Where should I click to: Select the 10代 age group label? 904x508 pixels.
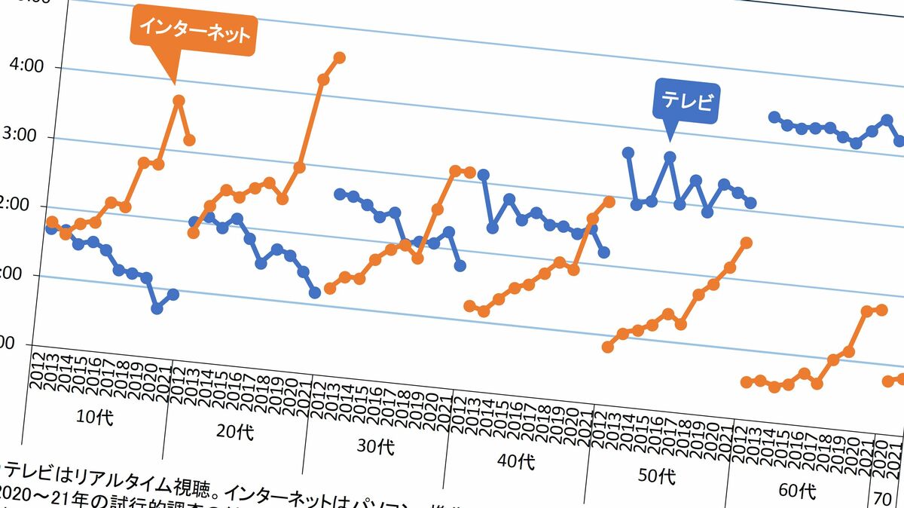95,417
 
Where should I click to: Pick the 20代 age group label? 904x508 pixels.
235,432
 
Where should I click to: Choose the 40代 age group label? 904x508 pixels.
515,461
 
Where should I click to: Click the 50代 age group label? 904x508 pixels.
657,476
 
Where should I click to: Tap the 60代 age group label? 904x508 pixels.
797,490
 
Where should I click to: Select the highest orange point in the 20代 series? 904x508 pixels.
339,57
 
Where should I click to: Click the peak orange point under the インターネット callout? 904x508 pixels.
179,100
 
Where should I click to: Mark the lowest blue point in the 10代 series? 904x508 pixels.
157,308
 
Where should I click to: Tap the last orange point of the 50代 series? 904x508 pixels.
747,242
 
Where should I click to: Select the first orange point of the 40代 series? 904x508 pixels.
469,306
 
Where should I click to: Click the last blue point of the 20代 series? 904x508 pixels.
315,292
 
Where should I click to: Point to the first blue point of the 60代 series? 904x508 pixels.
774,117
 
